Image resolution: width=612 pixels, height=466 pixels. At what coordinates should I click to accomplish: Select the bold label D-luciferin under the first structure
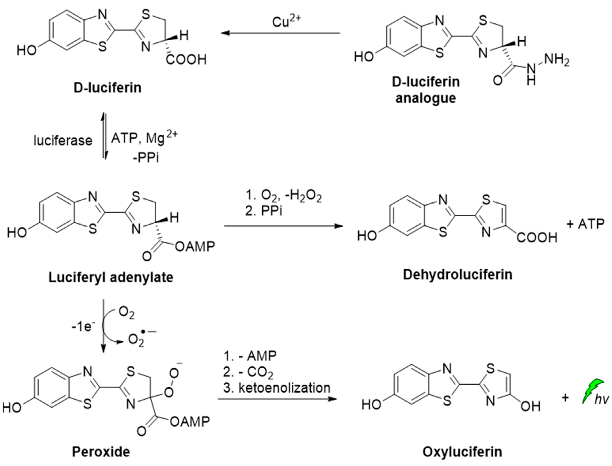tap(108, 88)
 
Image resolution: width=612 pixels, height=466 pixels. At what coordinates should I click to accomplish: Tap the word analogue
tap(426, 98)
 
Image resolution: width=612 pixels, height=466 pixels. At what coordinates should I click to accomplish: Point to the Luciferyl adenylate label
tap(111, 277)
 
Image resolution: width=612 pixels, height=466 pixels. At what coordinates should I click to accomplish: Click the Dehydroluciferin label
tap(458, 275)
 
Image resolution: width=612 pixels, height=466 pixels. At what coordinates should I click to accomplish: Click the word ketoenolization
tap(285, 388)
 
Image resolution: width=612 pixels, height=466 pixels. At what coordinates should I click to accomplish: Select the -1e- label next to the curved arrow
tap(83, 327)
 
